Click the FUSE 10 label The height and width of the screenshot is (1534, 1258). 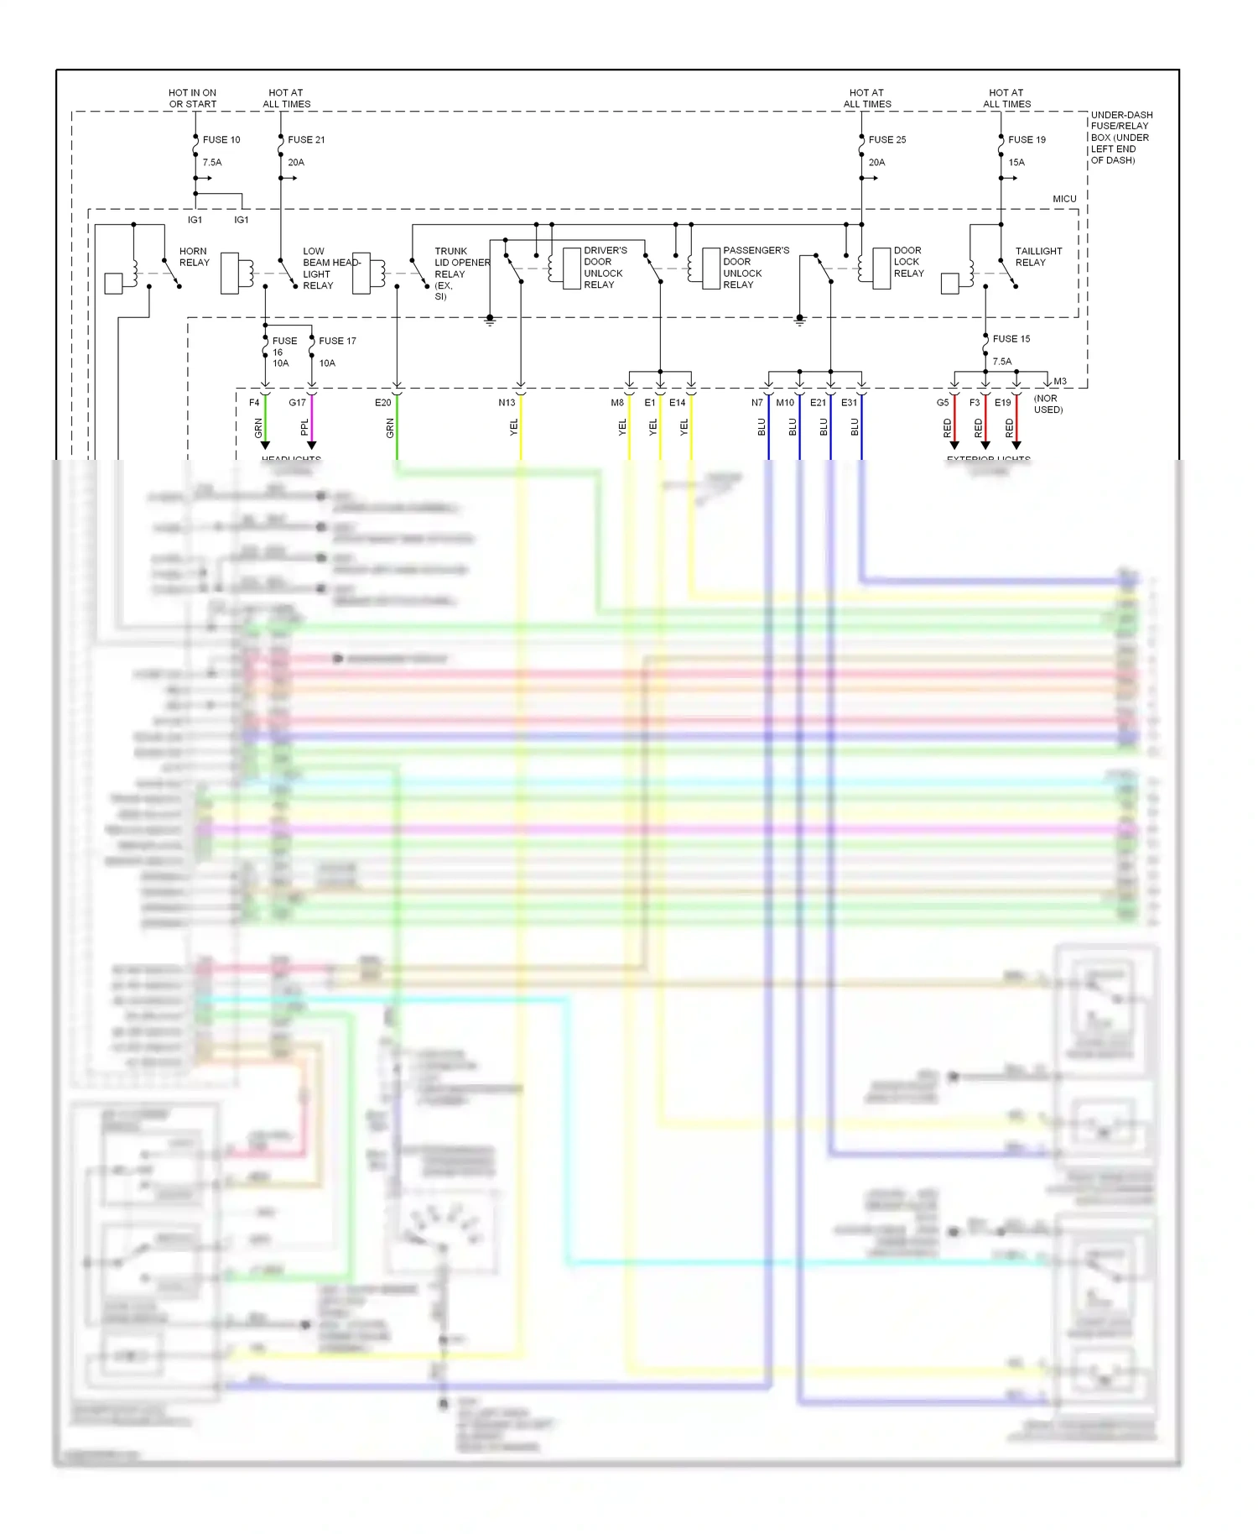(x=221, y=139)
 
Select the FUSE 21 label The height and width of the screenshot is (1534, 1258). (x=306, y=139)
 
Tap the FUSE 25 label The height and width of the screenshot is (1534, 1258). (x=886, y=139)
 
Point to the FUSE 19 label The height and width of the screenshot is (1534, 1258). (x=1027, y=139)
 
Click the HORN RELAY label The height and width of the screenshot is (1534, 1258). (x=194, y=257)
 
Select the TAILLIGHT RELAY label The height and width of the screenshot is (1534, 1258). (x=1037, y=257)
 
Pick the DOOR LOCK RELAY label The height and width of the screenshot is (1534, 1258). (x=908, y=262)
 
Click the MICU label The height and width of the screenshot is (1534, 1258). (x=1064, y=199)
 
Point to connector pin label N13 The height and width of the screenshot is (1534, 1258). (x=507, y=403)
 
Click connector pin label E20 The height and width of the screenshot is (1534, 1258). (x=382, y=403)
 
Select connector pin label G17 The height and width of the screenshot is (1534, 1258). (x=297, y=403)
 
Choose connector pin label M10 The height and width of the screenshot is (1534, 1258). (x=785, y=403)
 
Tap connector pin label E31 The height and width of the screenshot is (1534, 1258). (x=849, y=403)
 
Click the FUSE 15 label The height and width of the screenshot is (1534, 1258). (x=1011, y=339)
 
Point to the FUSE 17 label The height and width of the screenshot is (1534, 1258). (x=337, y=341)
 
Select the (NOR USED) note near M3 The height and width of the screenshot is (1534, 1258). (x=1047, y=404)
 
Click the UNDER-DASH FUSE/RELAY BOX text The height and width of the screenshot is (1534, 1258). (x=1120, y=137)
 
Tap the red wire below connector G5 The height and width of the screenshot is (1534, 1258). (x=954, y=424)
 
